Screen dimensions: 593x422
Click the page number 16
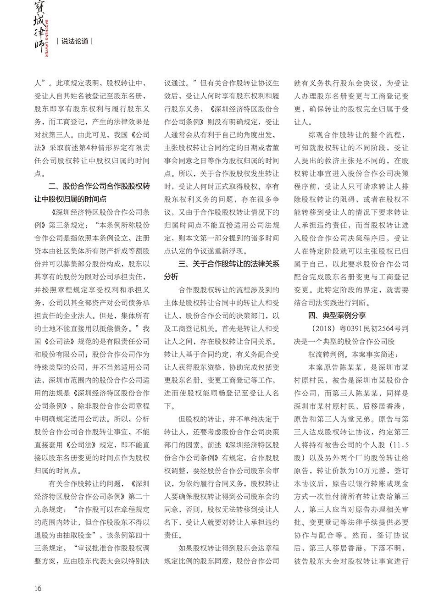(39, 575)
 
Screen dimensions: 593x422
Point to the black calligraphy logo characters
(36, 28)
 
